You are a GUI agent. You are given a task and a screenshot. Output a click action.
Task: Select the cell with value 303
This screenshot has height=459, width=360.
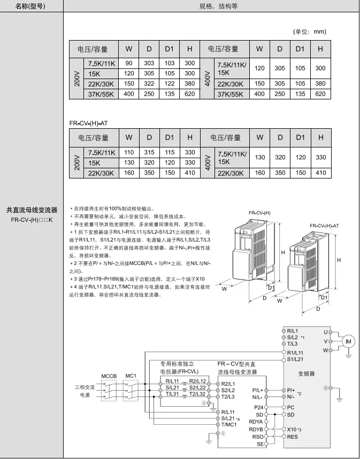click(149, 63)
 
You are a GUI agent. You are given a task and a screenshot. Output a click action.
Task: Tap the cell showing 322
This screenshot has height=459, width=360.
click(149, 83)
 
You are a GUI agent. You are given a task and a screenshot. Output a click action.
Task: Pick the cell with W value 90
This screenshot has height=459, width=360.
click(129, 63)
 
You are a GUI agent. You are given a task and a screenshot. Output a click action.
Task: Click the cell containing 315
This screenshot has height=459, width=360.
click(149, 152)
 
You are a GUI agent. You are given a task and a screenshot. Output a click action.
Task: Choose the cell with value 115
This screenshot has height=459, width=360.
click(169, 152)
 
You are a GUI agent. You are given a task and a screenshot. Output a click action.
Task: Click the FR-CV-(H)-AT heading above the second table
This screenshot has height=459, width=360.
click(89, 123)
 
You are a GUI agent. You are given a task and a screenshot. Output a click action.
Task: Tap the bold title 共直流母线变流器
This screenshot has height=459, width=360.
click(31, 210)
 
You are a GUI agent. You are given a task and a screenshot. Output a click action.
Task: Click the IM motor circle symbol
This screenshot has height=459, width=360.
click(349, 341)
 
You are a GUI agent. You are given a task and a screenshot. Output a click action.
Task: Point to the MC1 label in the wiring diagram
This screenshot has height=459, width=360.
click(131, 376)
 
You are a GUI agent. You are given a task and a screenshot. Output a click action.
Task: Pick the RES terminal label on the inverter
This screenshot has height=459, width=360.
click(292, 437)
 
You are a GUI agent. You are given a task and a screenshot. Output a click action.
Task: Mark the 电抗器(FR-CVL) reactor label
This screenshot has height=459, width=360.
click(179, 371)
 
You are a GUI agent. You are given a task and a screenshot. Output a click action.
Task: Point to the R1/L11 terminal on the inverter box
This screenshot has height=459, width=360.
click(295, 353)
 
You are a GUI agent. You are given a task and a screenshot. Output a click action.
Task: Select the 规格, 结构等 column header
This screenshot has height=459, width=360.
click(212, 6)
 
